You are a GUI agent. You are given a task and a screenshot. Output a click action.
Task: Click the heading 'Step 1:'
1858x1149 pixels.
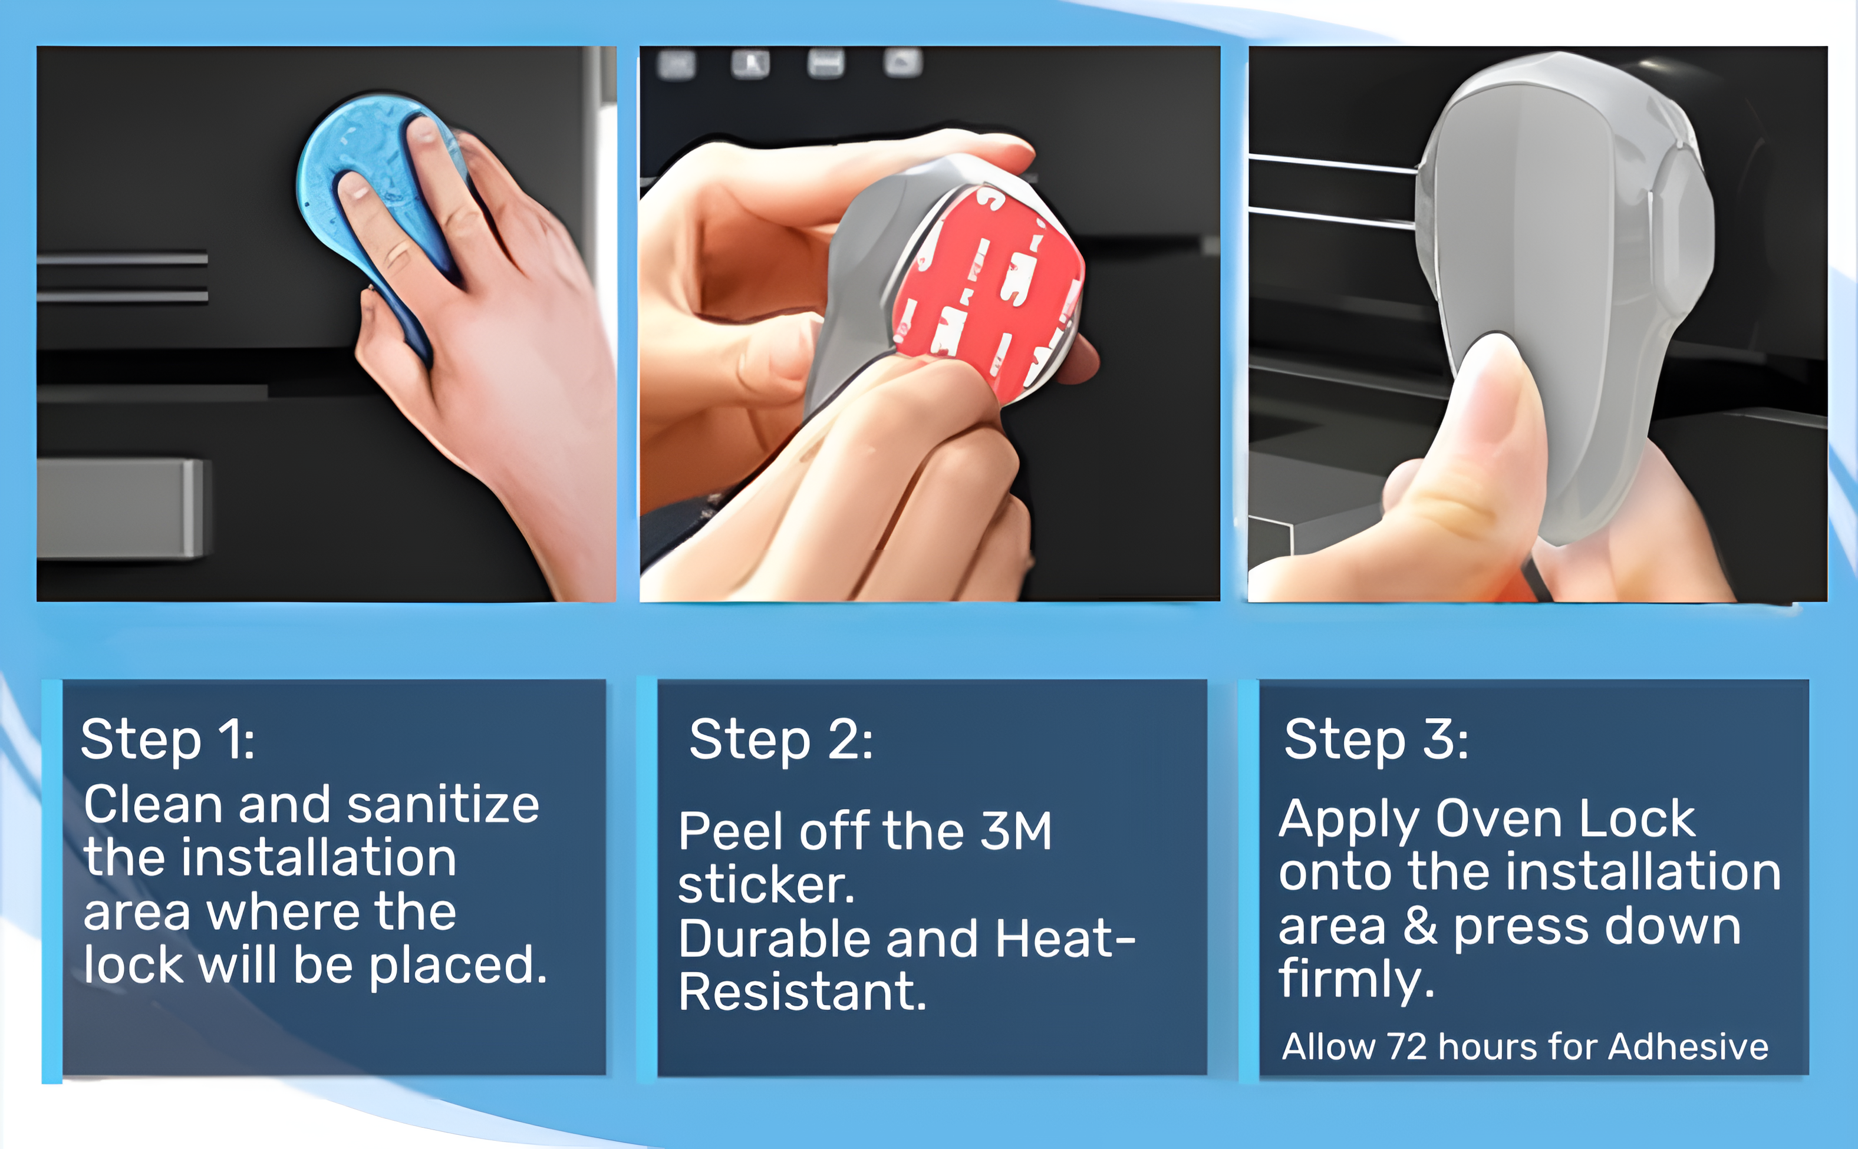coord(167,739)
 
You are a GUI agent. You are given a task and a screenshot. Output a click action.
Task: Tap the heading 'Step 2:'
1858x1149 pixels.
coord(781,739)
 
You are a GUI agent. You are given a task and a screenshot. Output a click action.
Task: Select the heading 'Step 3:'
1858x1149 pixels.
coord(1376,739)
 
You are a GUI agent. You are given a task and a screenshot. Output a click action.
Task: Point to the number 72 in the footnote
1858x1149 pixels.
coord(1406,1046)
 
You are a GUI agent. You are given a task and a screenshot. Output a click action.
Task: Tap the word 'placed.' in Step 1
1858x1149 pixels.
coord(459,966)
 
